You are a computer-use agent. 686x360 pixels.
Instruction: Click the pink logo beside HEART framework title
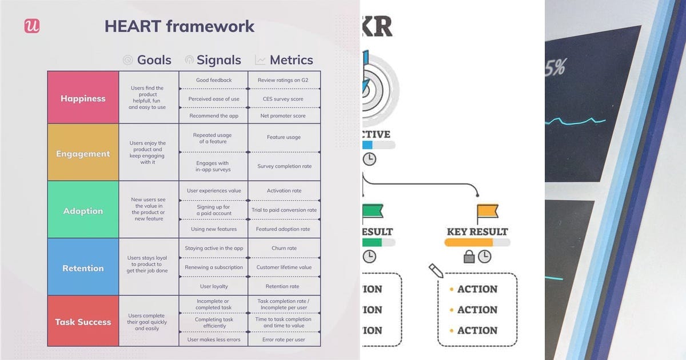click(x=32, y=26)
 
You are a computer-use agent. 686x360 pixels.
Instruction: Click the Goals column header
click(x=147, y=60)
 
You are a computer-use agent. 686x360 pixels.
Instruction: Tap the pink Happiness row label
click(x=83, y=98)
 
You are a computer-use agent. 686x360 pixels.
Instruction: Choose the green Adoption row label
click(x=83, y=211)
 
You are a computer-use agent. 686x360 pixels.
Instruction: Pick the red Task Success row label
click(x=83, y=322)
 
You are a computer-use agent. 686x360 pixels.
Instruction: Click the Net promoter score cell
click(x=283, y=115)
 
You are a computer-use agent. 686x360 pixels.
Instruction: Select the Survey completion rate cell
click(x=284, y=166)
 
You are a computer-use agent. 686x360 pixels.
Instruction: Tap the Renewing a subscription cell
click(x=213, y=267)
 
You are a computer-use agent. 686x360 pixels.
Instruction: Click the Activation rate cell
click(x=284, y=191)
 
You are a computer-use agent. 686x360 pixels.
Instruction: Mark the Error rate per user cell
click(x=284, y=339)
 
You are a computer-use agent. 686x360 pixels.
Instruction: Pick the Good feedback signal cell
click(x=214, y=80)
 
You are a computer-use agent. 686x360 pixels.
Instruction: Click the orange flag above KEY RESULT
click(x=487, y=213)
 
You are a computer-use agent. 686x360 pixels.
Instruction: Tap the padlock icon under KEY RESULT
click(x=469, y=257)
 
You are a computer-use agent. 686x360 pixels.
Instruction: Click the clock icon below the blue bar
click(x=369, y=159)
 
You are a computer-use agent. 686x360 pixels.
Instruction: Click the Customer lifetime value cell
click(x=284, y=267)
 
